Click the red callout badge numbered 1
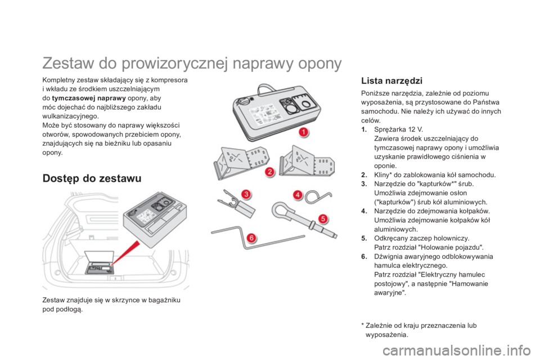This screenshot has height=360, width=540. [x=303, y=132]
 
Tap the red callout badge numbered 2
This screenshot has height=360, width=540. [x=270, y=172]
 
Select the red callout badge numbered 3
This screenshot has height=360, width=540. [x=246, y=194]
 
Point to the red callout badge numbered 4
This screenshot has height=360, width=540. [x=298, y=195]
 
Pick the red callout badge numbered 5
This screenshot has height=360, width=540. [x=323, y=218]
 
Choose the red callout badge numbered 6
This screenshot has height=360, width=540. [x=251, y=238]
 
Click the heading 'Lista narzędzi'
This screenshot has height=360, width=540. [x=391, y=81]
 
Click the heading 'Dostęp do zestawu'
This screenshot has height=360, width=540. [x=92, y=178]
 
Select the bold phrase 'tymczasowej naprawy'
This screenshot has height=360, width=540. [x=89, y=98]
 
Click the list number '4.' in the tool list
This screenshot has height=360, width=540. [x=364, y=211]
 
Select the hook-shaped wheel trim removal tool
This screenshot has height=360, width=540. [x=318, y=196]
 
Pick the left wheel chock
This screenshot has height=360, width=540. [x=241, y=162]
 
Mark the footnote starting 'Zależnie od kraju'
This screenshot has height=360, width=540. [x=419, y=330]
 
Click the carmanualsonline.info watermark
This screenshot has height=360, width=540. [x=456, y=351]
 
